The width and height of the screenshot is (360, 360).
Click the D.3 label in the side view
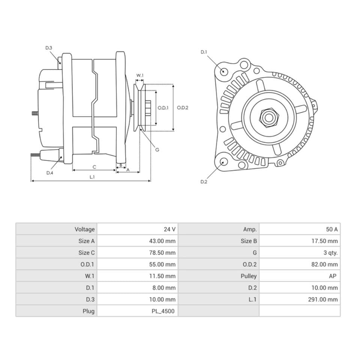[49, 48]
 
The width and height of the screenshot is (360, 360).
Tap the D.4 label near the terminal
[50, 173]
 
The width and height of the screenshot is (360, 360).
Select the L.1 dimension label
[92, 177]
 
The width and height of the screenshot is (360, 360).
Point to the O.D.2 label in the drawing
[183, 108]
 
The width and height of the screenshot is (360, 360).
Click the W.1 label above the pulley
[139, 75]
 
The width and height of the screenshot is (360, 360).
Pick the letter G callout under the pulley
[157, 149]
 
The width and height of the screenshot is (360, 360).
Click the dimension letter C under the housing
[94, 166]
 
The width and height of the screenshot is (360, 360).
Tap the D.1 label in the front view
[204, 52]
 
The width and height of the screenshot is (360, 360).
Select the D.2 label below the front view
[204, 182]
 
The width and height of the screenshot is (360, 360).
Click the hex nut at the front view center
[268, 118]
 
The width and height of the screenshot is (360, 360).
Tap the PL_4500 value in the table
[165, 311]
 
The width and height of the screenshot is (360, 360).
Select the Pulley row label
[249, 276]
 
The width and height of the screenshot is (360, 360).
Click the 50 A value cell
[331, 229]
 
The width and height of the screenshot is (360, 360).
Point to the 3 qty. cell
[330, 252]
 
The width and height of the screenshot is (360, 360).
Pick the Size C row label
[87, 252]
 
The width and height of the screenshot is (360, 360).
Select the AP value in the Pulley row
[332, 276]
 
